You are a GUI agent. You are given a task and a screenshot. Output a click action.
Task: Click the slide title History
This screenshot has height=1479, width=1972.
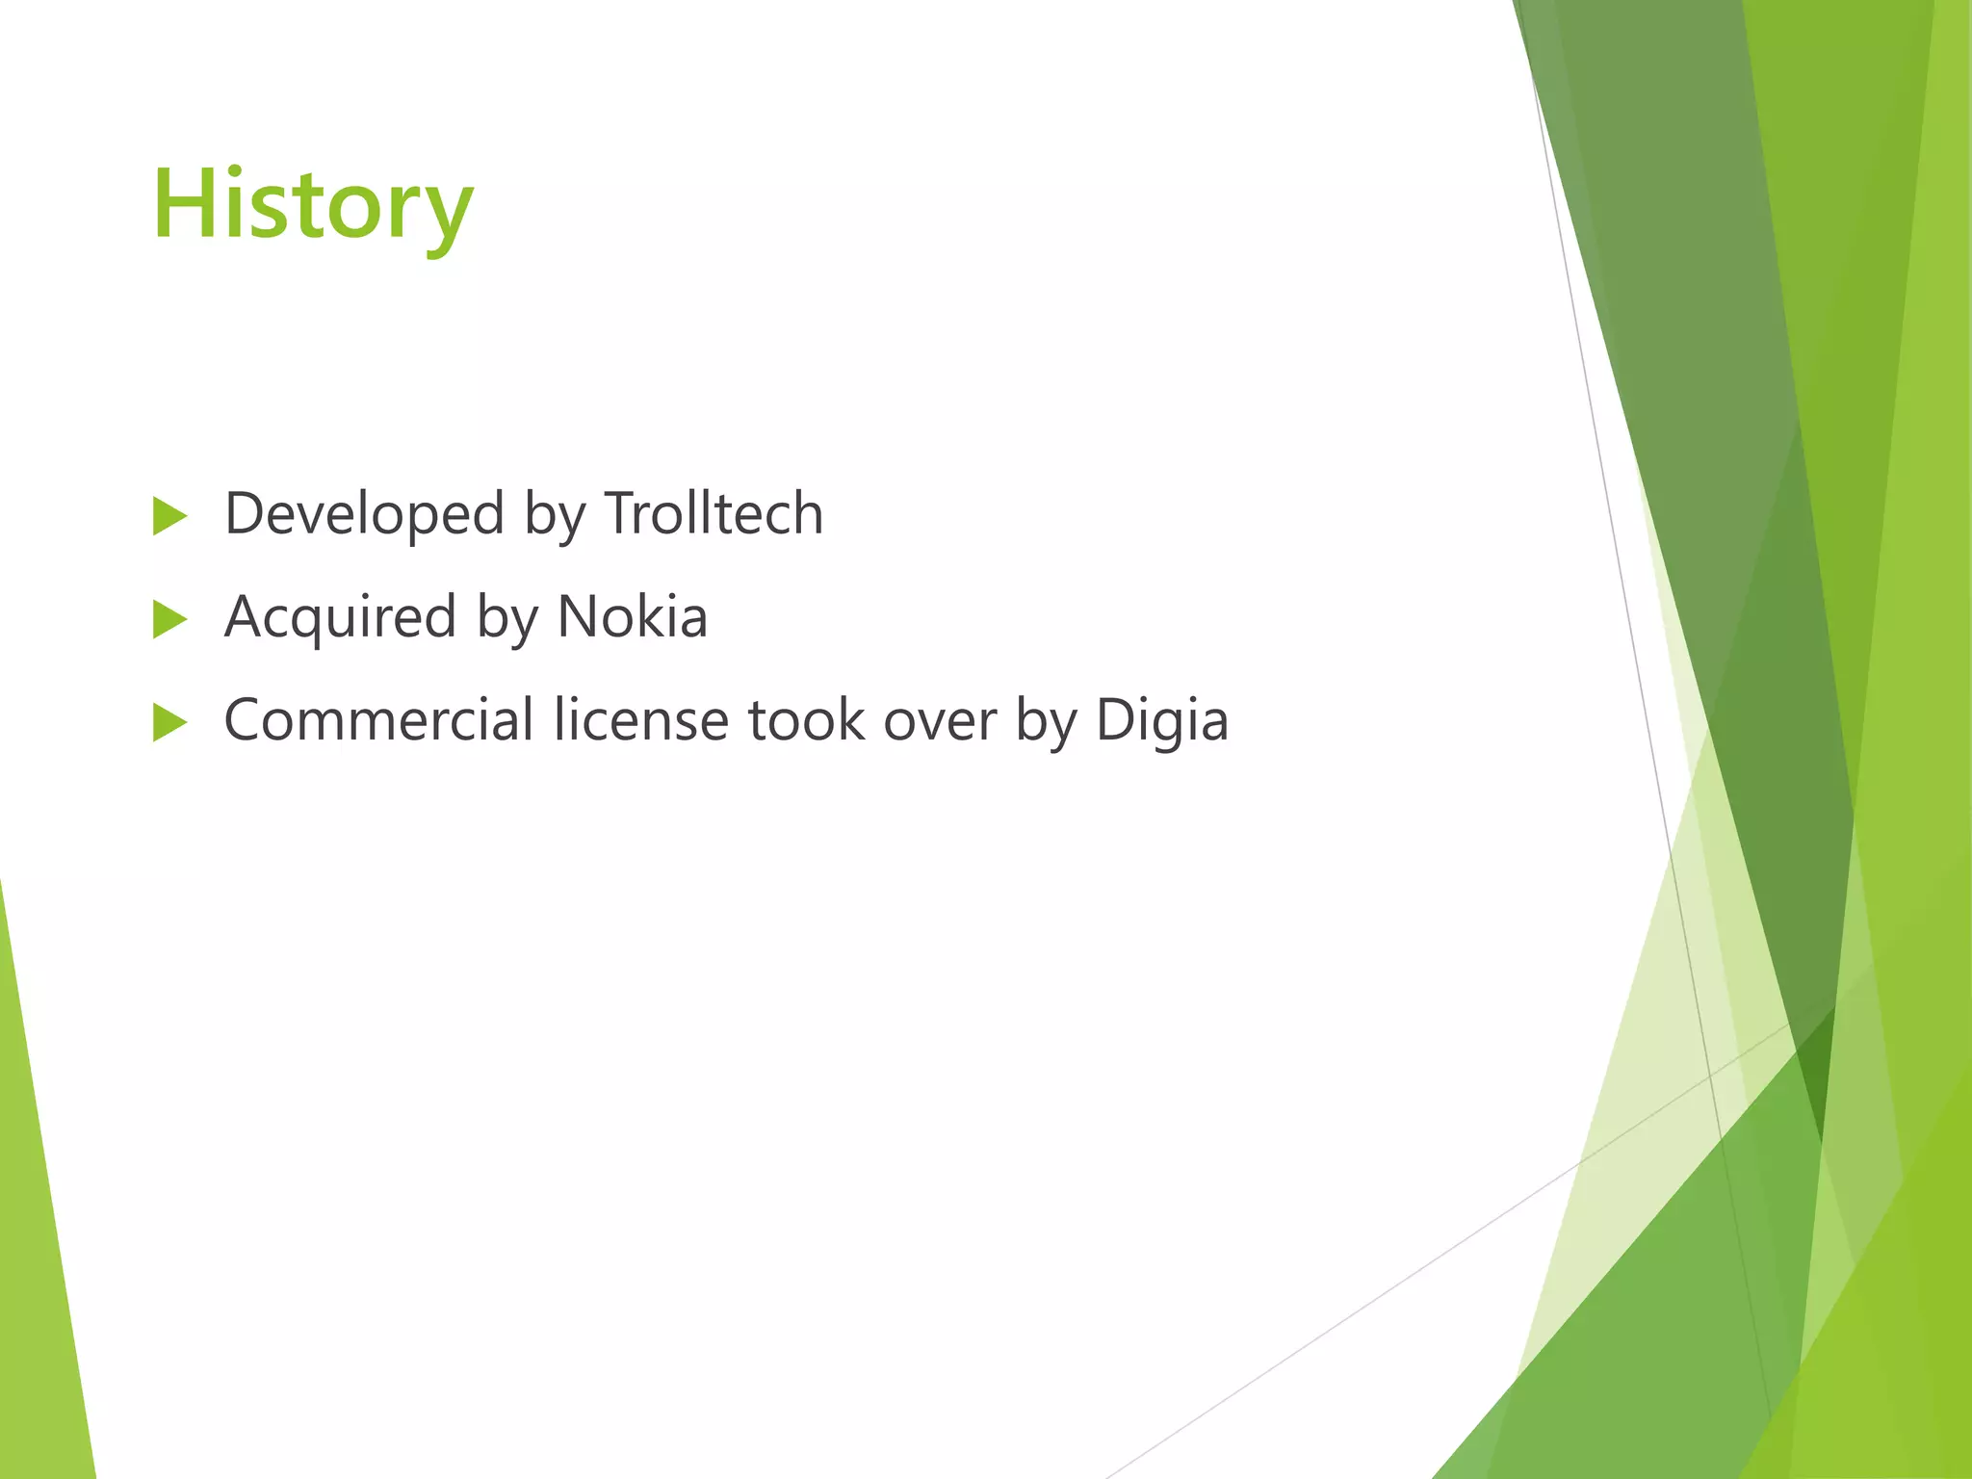pos(313,204)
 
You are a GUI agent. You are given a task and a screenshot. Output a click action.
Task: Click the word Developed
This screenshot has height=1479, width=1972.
pos(364,513)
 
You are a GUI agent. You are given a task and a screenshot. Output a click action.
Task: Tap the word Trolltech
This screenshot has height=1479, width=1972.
pos(714,513)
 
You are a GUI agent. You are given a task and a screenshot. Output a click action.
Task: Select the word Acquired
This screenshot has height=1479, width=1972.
pos(340,617)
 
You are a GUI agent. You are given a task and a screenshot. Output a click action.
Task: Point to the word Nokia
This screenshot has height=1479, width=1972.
pos(633,617)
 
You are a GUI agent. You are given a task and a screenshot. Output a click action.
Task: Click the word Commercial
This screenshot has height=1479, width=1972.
pos(378,720)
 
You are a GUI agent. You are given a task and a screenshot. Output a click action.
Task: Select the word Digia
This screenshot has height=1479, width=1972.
pos(1162,720)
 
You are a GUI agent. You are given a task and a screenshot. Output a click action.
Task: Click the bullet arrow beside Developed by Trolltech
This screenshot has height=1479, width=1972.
pos(169,516)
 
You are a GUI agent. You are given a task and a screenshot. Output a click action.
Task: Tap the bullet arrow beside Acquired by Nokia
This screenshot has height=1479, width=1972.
pos(169,620)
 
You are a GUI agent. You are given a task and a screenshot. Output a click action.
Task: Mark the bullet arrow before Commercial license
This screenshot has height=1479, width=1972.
pos(169,723)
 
